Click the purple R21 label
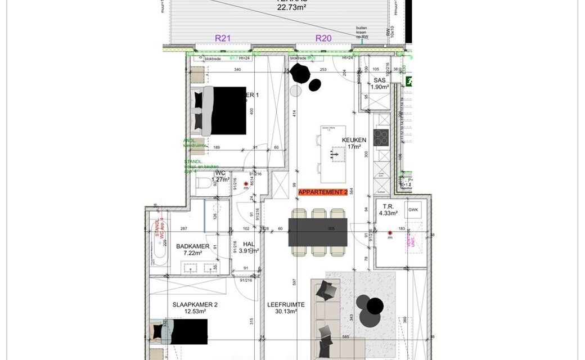pos(223,38)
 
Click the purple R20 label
pos(323,38)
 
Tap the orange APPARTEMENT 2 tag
pos(322,192)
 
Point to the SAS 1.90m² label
pos(380,84)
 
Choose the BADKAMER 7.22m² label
pos(193,250)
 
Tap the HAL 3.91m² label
pos(248,247)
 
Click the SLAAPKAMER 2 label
pos(195,305)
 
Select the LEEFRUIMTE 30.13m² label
pos(287,308)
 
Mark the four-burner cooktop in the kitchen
pos(381,137)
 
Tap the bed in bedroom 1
pos(222,111)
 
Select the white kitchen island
pos(334,154)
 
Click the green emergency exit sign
pos(408,81)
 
